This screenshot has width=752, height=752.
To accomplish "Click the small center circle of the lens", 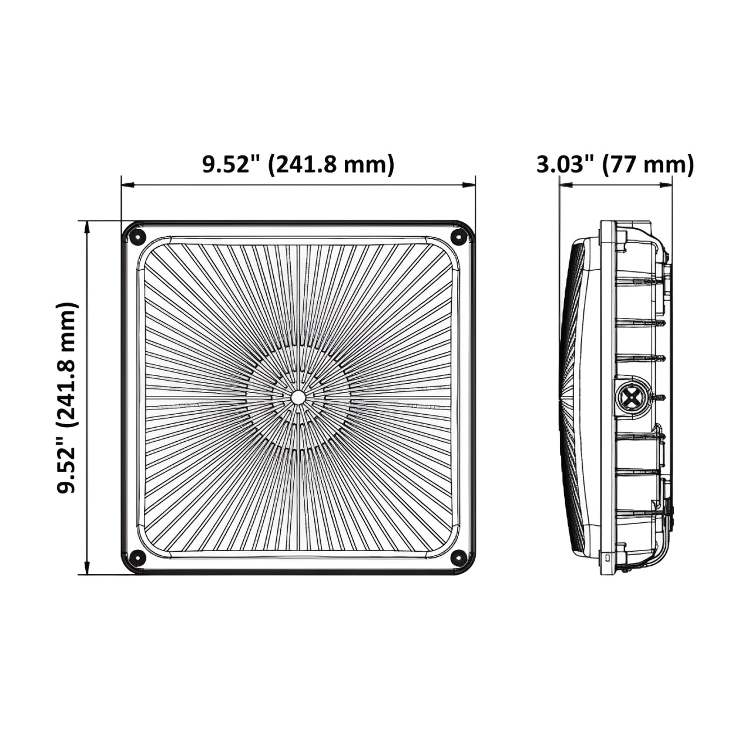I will click(298, 397).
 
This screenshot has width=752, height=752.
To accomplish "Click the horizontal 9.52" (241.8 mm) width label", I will click(298, 164).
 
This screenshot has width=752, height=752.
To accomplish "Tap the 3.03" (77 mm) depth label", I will click(615, 164).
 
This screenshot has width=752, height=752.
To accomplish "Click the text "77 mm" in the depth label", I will click(648, 164).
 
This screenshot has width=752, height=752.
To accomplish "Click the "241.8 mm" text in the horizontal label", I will click(331, 164).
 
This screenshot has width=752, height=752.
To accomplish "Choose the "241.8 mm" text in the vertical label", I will click(67, 364).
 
